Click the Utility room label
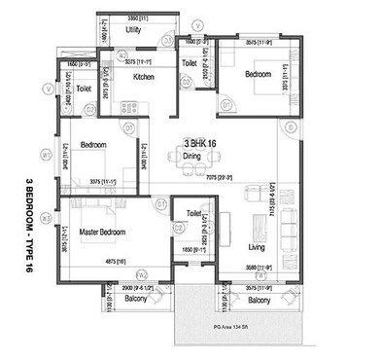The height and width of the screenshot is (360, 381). pos(134,31)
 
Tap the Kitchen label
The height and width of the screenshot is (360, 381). pos(144,77)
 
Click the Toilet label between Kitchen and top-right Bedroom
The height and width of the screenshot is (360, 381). pos(190,64)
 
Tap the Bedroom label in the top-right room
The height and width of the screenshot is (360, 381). pos(258,74)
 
